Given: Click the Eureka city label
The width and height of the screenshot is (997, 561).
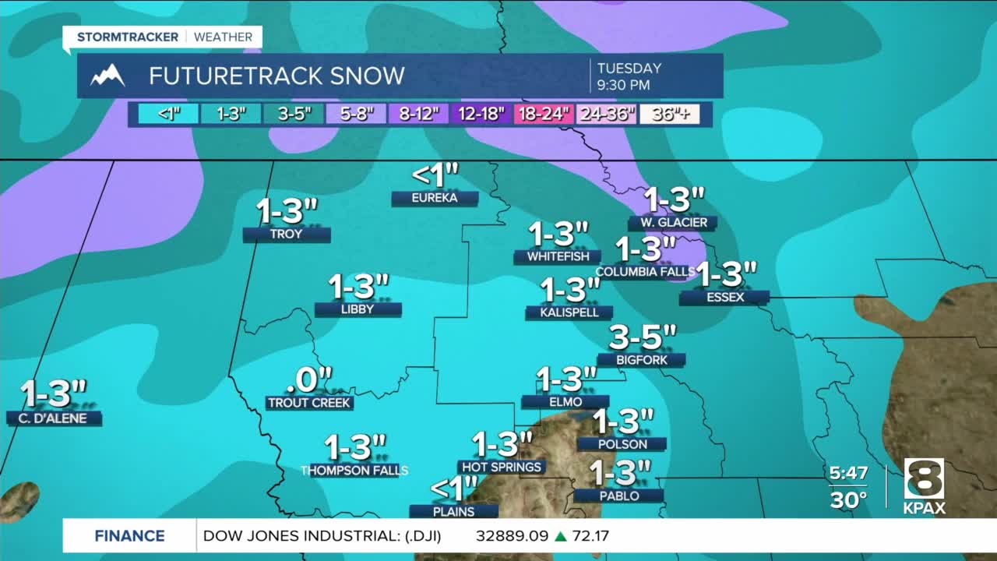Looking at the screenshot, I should click(x=435, y=199).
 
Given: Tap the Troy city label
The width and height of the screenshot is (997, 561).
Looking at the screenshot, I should click(x=286, y=235).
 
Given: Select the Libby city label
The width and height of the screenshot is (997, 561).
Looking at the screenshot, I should click(x=358, y=309).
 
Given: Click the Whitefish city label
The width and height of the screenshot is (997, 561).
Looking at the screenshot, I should click(x=557, y=256).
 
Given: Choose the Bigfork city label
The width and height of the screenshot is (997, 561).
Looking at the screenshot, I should click(x=641, y=360).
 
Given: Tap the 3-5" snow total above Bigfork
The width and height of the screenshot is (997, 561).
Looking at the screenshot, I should click(x=643, y=337).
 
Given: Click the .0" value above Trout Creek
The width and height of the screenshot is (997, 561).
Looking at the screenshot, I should click(x=309, y=380).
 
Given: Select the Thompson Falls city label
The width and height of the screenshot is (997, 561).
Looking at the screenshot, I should click(x=355, y=471).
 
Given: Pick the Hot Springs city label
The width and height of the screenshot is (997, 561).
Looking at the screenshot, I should click(x=502, y=467).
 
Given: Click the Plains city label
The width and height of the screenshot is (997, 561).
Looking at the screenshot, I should click(x=453, y=512).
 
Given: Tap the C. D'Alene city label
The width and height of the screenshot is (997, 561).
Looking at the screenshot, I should click(x=54, y=418).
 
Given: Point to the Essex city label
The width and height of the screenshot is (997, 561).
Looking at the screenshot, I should click(x=724, y=298).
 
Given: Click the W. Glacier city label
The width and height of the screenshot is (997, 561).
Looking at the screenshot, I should click(x=674, y=223).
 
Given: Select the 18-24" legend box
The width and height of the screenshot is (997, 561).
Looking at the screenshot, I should click(x=543, y=115).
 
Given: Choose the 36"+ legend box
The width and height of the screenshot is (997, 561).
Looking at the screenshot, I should click(x=670, y=115).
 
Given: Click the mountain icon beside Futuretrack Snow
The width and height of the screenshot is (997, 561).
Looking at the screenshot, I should click(x=107, y=76).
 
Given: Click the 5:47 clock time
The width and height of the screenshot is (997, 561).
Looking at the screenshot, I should click(x=848, y=473).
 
